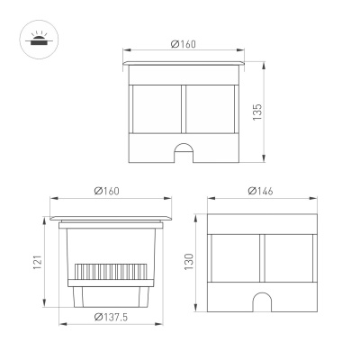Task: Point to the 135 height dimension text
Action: coord(257,114)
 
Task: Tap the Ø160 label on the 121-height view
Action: coord(107,191)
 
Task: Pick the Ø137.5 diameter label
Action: coord(109,316)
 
